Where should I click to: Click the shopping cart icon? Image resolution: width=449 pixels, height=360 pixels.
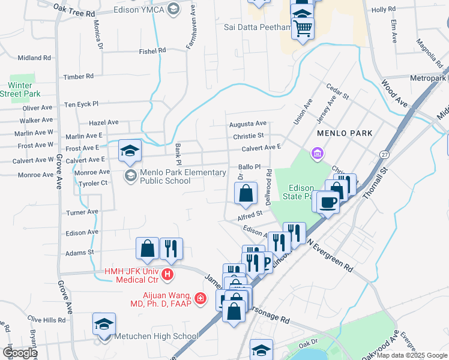pos(303,28)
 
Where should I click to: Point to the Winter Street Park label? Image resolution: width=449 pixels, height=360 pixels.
pos(20,89)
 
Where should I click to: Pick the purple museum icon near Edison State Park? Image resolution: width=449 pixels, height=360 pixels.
pos(316,154)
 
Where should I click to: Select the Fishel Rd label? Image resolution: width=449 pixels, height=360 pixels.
pos(153,51)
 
